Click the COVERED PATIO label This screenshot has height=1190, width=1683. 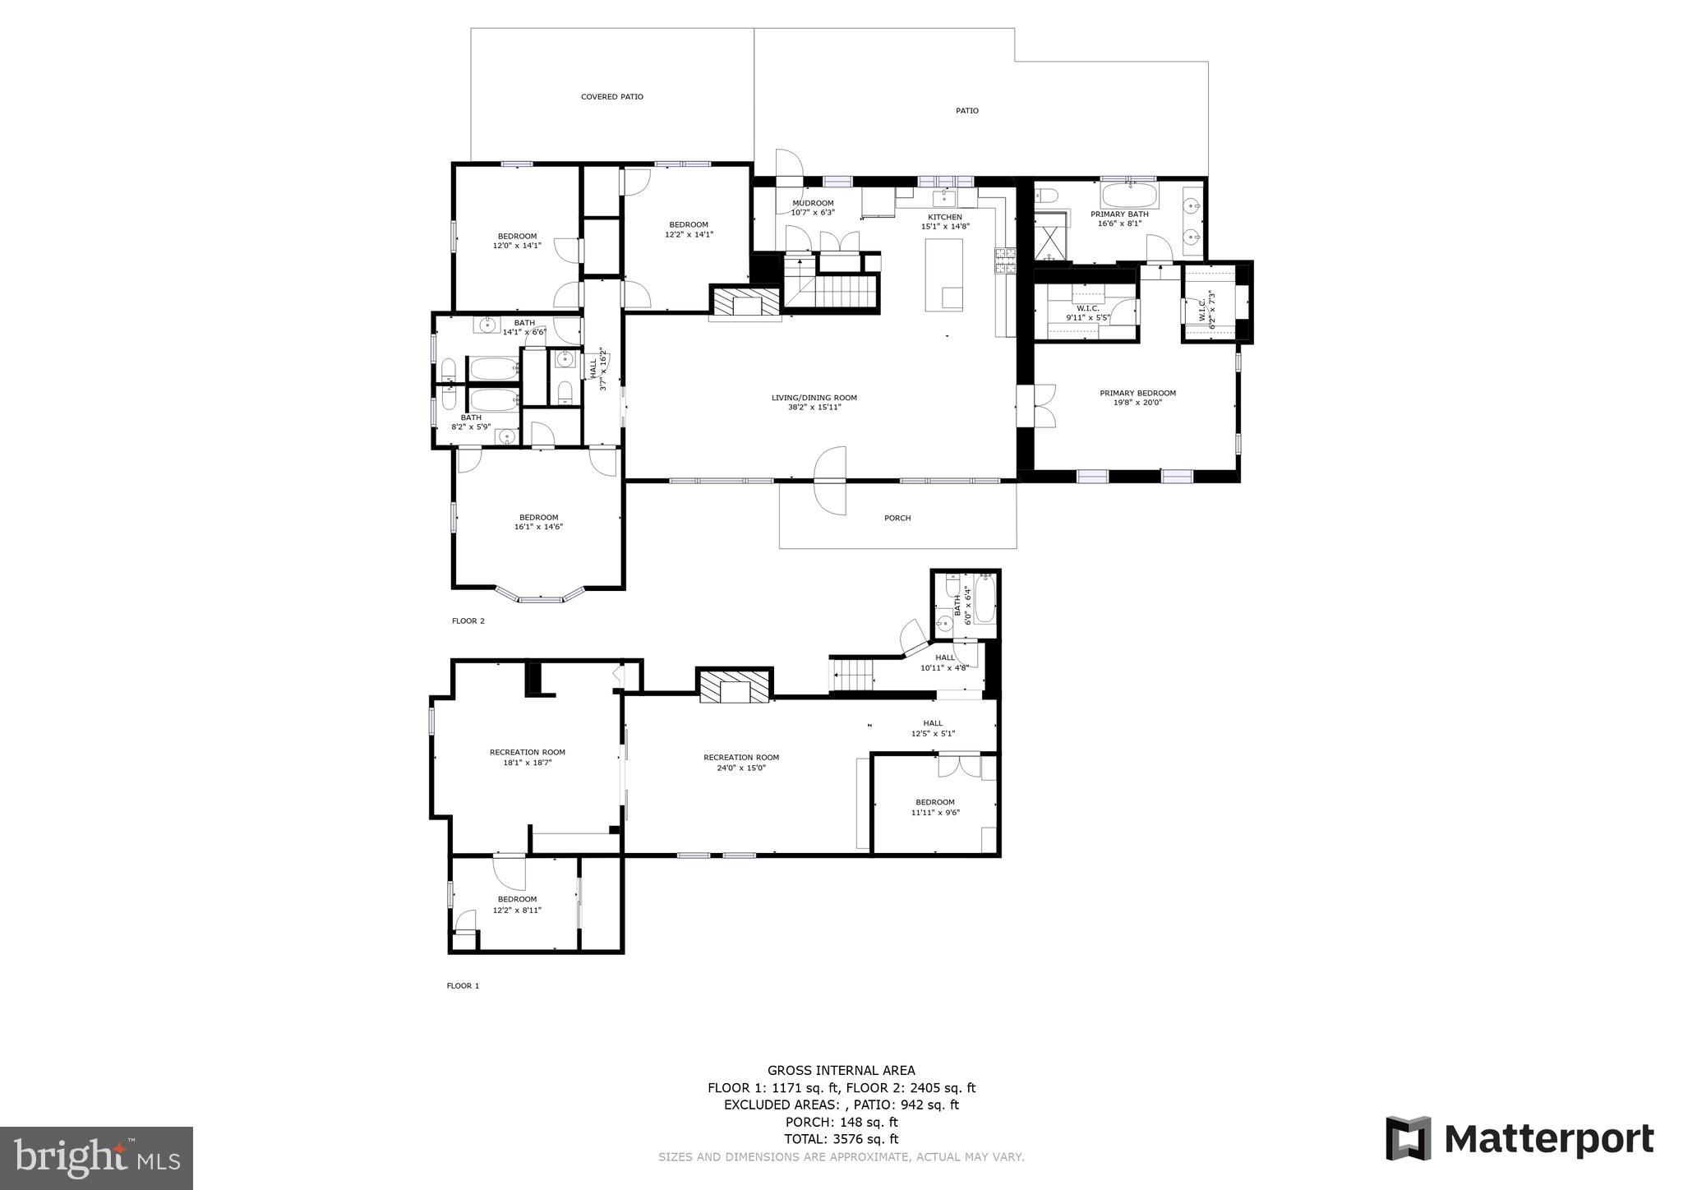pos(611,97)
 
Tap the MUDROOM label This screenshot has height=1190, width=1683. pos(813,203)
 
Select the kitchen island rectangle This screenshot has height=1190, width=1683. pos(944,274)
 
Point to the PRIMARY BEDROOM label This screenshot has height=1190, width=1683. pos(1137,393)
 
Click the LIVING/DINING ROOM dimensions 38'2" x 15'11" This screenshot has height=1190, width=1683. pos(814,407)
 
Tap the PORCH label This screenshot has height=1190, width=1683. pos(897,518)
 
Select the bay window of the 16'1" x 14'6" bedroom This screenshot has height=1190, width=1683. pos(540,595)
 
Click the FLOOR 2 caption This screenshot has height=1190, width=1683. pos(468,620)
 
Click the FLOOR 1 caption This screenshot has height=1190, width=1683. pos(463,985)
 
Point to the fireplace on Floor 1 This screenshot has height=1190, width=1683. pos(735,687)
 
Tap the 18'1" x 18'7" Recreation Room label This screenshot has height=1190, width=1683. pos(527,757)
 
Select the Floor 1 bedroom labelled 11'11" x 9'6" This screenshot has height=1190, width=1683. pos(935,807)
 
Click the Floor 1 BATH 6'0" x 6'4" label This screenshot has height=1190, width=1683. pos(962,606)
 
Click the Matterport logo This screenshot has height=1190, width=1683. pos(1519,1139)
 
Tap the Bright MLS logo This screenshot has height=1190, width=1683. pos(96,1159)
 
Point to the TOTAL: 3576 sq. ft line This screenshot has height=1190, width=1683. pos(841,1139)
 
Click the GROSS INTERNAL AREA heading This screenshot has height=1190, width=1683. pos(841,1070)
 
